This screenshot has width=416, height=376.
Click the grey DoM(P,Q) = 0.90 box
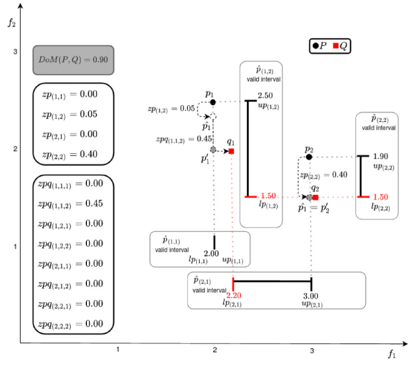point(74,60)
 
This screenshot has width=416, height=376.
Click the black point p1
point(213,102)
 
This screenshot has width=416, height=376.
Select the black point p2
point(309,157)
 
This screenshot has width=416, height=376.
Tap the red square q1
point(232,151)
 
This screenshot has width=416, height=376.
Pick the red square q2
point(315,197)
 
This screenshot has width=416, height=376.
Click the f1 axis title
point(392,354)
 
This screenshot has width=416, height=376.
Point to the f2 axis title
point(12,23)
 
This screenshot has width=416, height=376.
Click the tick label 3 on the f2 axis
point(15,52)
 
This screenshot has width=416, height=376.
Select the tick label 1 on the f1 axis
point(118,350)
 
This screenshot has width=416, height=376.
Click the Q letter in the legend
point(344,46)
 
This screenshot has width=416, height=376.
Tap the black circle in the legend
point(315,46)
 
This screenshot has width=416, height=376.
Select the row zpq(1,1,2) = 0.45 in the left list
point(70,204)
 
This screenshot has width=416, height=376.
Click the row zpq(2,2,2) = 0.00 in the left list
point(70,324)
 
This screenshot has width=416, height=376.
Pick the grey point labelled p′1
point(213,150)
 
